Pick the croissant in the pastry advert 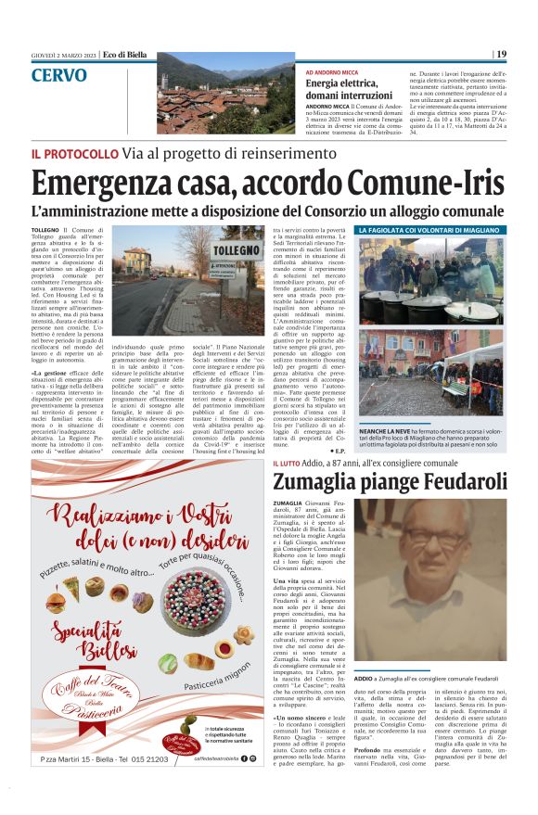(x=198, y=661)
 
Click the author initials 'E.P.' (x=340, y=451)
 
